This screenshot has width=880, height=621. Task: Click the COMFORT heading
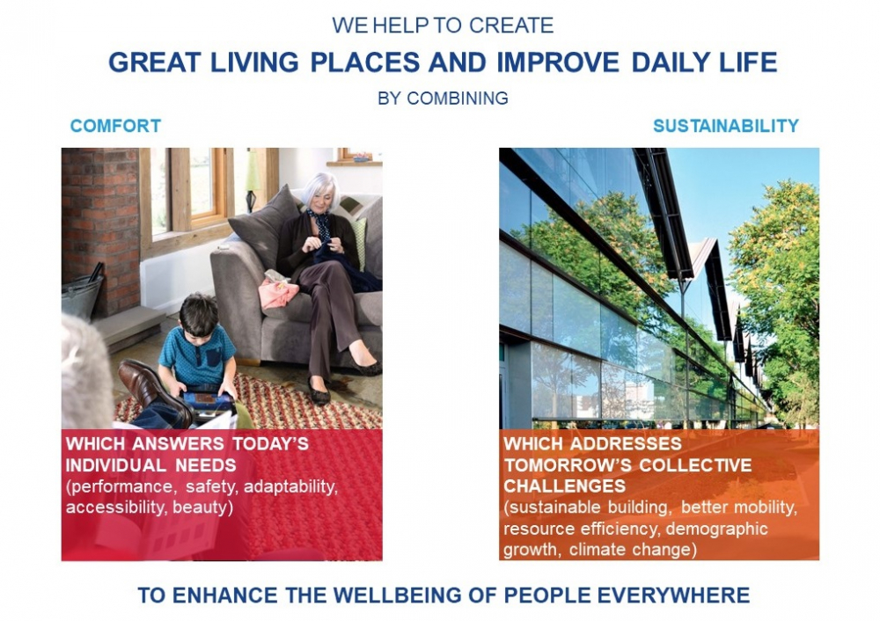[115, 126]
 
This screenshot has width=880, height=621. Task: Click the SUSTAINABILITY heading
[726, 126]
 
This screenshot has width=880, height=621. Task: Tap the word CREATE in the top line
[510, 26]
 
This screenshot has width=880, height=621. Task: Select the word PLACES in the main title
[365, 62]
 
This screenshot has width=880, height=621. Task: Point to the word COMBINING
[458, 99]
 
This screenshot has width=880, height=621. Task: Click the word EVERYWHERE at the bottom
[673, 595]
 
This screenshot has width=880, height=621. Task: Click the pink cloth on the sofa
[279, 293]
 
